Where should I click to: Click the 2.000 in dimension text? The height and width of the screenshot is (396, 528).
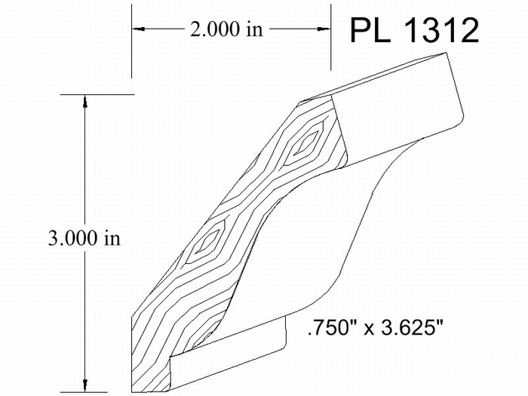226,29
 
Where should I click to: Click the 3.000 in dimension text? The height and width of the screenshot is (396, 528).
84,238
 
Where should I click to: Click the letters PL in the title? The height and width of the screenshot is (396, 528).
370,31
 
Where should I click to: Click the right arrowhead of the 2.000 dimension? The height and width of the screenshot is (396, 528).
324,29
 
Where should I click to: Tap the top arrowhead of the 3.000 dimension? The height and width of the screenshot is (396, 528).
84,102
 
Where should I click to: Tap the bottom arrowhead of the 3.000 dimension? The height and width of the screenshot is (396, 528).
84,385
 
